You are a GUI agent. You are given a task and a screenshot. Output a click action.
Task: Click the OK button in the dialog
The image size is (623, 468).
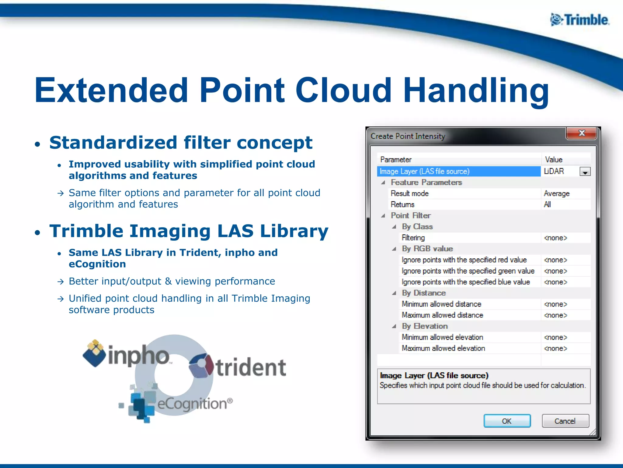[x=507, y=421]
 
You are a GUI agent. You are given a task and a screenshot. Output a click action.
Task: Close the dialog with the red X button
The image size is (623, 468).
[x=581, y=133]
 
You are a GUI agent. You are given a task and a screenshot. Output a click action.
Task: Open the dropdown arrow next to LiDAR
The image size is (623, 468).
[x=585, y=172]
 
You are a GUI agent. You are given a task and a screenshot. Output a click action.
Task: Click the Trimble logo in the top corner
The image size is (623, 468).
[x=579, y=20]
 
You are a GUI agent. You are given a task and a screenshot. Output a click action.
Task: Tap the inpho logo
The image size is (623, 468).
[x=126, y=354]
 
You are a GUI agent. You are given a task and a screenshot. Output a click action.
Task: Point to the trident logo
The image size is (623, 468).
[x=238, y=367]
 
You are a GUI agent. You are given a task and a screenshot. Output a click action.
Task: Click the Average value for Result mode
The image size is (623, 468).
[x=556, y=193]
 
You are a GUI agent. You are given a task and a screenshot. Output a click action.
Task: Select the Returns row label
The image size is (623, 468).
[x=402, y=204]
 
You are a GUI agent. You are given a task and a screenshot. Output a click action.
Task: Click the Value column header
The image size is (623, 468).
[x=554, y=160]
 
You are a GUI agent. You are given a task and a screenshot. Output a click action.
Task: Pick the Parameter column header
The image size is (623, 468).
[x=396, y=160]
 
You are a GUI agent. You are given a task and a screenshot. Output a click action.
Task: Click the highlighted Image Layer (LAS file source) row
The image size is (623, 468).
[x=425, y=172]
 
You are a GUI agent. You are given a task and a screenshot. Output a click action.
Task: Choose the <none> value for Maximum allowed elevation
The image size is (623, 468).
[x=555, y=348]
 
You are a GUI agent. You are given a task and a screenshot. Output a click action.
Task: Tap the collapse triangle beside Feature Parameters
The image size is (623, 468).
[x=383, y=183]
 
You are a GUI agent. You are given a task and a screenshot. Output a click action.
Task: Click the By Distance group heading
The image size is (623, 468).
[x=424, y=293]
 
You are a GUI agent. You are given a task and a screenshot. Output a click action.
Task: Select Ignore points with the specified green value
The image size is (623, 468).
[x=468, y=271]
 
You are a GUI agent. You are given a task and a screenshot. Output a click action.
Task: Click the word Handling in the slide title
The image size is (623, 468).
[x=476, y=90]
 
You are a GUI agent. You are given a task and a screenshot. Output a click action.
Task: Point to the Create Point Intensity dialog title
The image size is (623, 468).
[x=408, y=136]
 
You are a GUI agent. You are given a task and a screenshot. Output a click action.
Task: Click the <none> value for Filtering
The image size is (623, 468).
[x=555, y=238]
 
